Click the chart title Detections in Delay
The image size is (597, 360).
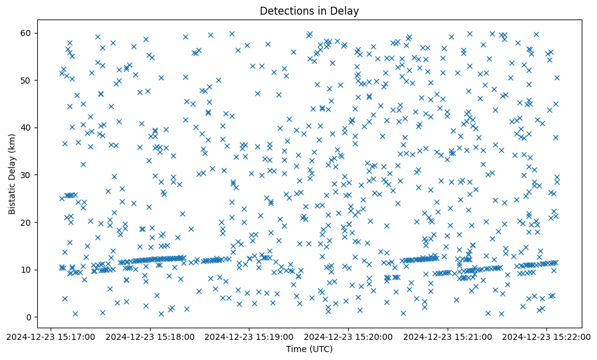tap(309, 10)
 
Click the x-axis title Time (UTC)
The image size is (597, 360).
tap(309, 349)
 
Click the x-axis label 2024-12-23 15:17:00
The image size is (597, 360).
tap(51, 336)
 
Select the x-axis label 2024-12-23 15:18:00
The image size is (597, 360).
tap(150, 336)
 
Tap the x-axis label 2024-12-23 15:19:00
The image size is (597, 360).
tap(249, 336)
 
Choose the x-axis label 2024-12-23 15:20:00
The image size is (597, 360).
tap(348, 336)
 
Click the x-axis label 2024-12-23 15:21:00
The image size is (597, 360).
tap(448, 336)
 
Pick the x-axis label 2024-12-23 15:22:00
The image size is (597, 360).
tap(546, 336)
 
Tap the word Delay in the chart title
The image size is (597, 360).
tap(345, 10)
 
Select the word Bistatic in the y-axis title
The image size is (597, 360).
tap(12, 194)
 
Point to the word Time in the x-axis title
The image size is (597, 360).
tap(296, 349)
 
